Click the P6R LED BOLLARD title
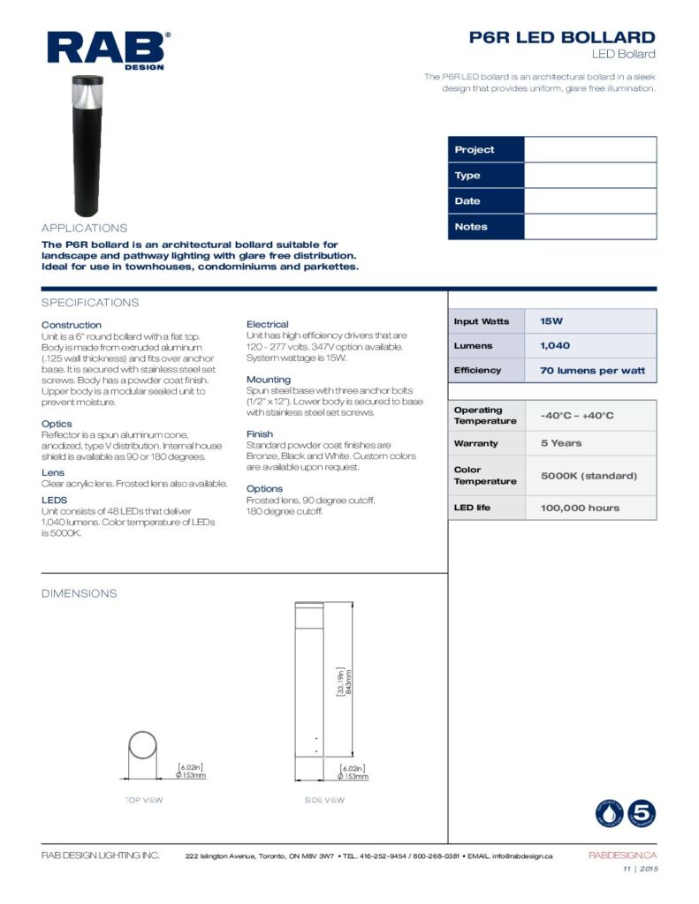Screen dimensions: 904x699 (562, 37)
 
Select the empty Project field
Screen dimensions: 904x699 (589, 149)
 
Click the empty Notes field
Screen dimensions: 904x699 (589, 227)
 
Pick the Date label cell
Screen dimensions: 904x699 (485, 201)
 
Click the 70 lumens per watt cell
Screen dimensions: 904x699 (591, 371)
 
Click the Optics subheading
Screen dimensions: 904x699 (58, 424)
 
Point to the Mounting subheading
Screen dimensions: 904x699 (269, 380)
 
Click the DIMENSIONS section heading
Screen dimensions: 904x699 (80, 593)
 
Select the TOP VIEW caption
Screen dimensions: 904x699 (143, 800)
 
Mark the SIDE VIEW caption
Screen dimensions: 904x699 (324, 800)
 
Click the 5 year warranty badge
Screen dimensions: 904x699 (640, 813)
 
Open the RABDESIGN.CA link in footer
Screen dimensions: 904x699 (622, 855)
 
